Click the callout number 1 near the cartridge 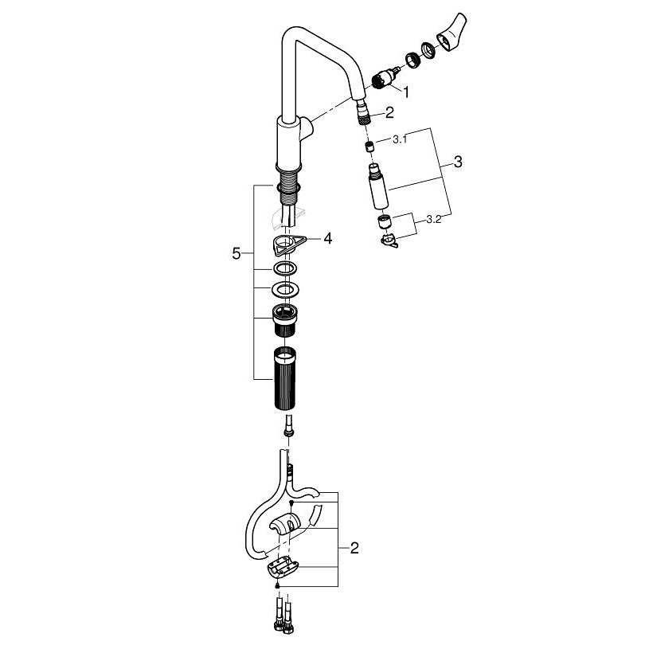[406, 92]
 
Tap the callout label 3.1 [400, 139]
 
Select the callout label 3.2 [434, 219]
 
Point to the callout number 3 [458, 162]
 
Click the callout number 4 [328, 238]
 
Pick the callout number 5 [236, 253]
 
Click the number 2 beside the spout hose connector [389, 112]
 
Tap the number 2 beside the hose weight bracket [354, 548]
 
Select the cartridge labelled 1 [385, 77]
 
